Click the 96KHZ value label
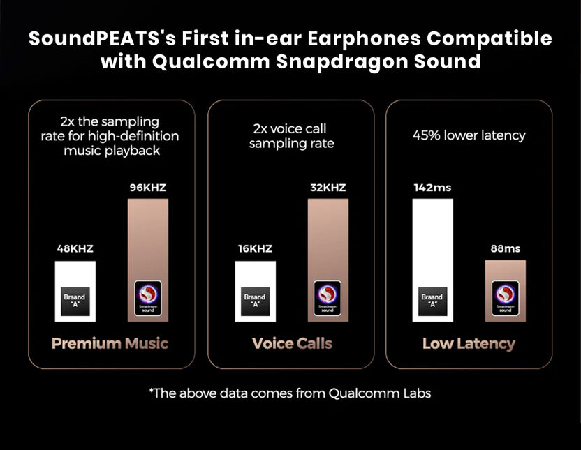coord(147,188)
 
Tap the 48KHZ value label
coord(75,248)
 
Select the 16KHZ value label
coord(254,248)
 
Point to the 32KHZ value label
coord(328,188)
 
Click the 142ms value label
coord(432,188)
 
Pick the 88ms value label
coord(506,248)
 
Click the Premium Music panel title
coord(110,343)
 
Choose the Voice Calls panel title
coord(292,343)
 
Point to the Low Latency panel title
coord(469,343)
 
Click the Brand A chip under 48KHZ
coord(75,300)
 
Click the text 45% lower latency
coord(469,135)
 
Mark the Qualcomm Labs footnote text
coord(290,393)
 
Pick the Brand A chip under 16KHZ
coord(254,300)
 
